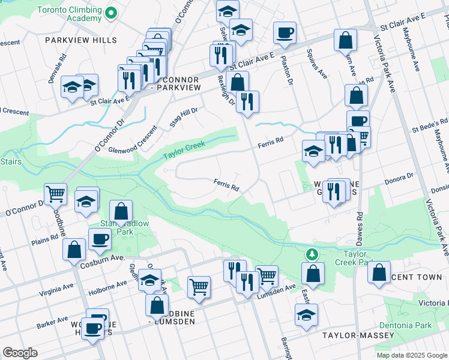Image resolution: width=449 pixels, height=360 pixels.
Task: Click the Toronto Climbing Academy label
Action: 70,14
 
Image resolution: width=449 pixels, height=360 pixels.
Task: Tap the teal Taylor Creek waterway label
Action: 184,150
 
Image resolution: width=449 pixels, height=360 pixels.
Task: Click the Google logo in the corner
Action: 20,352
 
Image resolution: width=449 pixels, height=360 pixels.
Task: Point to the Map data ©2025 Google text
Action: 411,355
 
